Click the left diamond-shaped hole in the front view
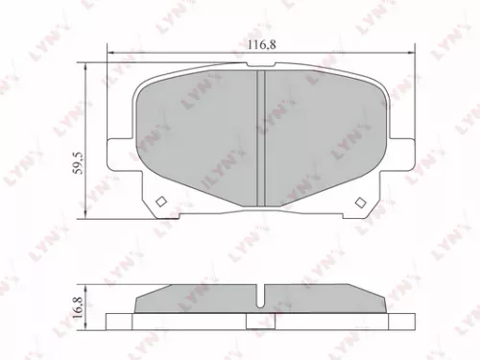click(161, 202)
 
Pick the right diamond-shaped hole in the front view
click(361, 202)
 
